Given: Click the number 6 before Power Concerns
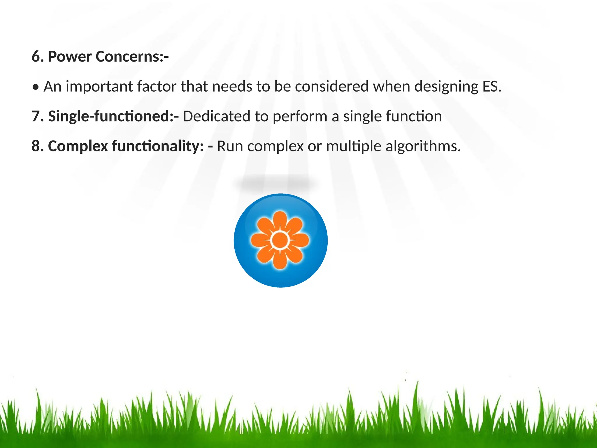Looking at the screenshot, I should [x=36, y=57].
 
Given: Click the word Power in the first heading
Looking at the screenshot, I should [x=70, y=57].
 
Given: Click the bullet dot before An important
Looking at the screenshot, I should [x=36, y=87].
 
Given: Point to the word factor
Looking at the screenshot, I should [x=157, y=87].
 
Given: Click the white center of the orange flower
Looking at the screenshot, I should [x=280, y=240].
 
